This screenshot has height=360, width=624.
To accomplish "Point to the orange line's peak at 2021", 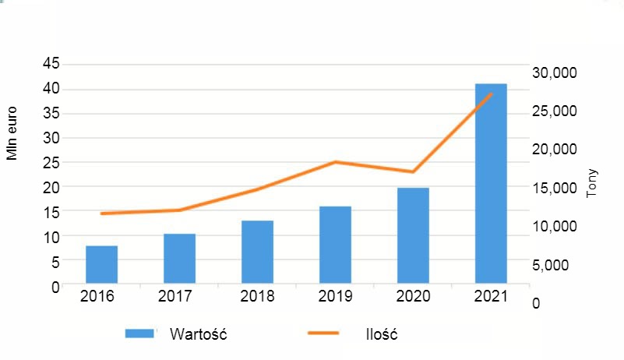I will click(x=492, y=94).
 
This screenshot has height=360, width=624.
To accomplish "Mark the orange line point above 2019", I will click(x=335, y=162).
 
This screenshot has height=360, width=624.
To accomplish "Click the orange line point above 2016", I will click(x=102, y=214).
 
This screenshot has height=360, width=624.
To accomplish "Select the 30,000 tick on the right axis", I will click(x=554, y=72).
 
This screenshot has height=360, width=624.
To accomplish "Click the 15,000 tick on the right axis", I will click(x=554, y=188).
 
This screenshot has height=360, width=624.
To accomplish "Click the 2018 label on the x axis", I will click(x=257, y=297).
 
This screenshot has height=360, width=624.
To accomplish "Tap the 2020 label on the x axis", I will click(x=413, y=297).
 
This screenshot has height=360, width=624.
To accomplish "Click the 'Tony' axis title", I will click(x=593, y=183).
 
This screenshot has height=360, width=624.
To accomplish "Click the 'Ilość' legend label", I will click(x=382, y=334).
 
